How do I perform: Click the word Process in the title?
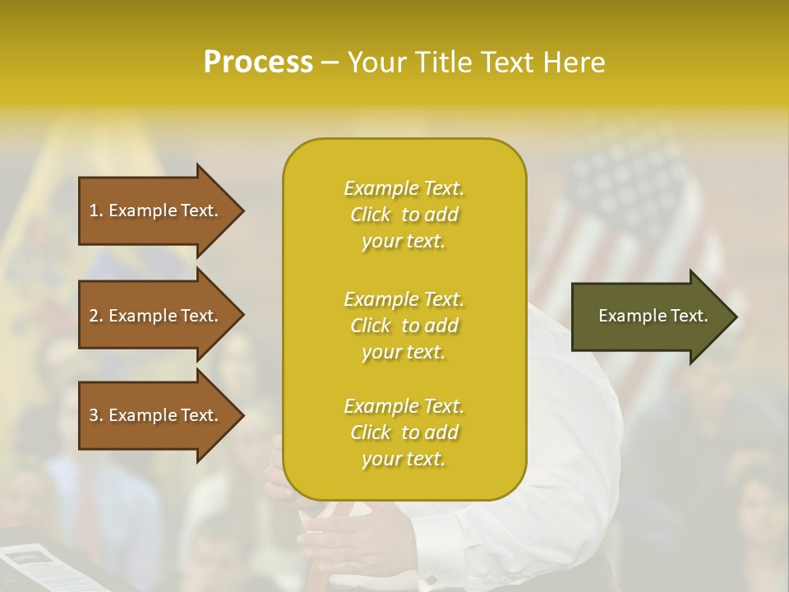pyautogui.click(x=258, y=62)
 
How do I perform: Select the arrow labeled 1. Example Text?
pyautogui.click(x=156, y=210)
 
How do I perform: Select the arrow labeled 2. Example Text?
pyautogui.click(x=156, y=316)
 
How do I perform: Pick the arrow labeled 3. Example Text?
pyautogui.click(x=156, y=415)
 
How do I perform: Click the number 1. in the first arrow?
pyautogui.click(x=96, y=210)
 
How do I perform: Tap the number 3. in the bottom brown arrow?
pyautogui.click(x=96, y=415)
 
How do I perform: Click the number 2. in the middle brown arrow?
pyautogui.click(x=96, y=316)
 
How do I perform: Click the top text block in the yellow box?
pyautogui.click(x=404, y=215)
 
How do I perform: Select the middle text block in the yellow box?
pyautogui.click(x=404, y=326)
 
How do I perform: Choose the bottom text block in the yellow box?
pyautogui.click(x=404, y=432)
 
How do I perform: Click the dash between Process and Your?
pyautogui.click(x=330, y=62)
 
